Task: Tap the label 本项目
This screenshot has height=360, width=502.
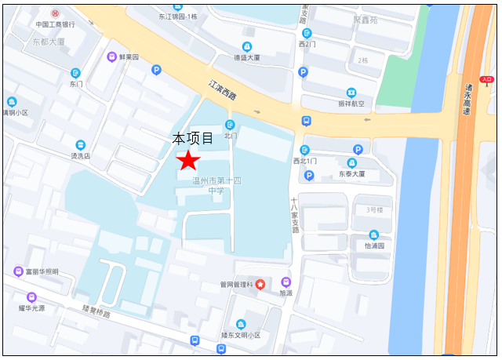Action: tap(194, 139)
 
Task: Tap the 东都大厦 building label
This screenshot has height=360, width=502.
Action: tap(49, 41)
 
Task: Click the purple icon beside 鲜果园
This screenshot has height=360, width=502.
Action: tap(113, 56)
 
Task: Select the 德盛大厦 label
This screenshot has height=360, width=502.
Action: tap(247, 57)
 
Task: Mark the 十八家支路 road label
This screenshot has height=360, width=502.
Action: tap(296, 216)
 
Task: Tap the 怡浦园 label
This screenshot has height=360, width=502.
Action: tap(374, 245)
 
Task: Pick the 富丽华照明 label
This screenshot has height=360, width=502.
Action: tap(42, 271)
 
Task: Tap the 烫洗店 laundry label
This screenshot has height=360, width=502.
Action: tap(81, 155)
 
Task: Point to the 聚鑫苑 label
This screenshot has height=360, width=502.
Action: tap(364, 20)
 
